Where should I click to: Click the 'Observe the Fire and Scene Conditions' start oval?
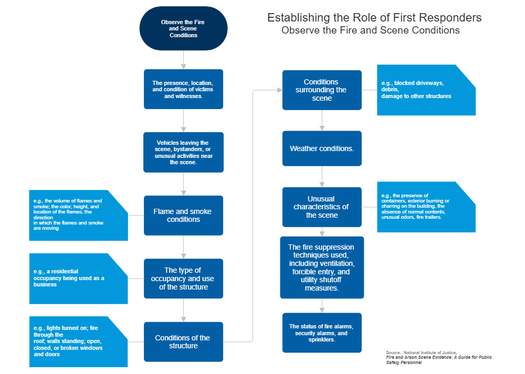tap(183, 28)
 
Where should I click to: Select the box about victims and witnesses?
tap(183, 89)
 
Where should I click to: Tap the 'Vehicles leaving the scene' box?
tap(183, 152)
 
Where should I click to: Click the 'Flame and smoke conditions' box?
tap(183, 215)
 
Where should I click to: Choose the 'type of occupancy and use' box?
tap(183, 279)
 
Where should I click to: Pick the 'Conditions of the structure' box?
tap(183, 341)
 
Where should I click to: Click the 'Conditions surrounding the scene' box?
tap(321, 90)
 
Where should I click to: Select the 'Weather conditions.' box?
tap(321, 148)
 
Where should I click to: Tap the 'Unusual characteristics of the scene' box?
tap(321, 207)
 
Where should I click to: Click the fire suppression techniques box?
tap(321, 267)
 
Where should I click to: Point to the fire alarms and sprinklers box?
tap(321, 333)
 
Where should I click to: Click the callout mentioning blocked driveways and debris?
tap(425, 90)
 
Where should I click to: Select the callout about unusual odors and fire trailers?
tap(425, 207)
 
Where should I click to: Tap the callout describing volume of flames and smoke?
tap(78, 215)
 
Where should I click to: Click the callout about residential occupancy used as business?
tap(78, 278)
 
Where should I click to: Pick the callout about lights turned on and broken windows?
tap(78, 341)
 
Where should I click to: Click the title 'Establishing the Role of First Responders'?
tap(374, 18)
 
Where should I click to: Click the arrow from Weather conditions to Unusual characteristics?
tap(321, 176)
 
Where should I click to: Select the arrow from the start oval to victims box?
tap(183, 59)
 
